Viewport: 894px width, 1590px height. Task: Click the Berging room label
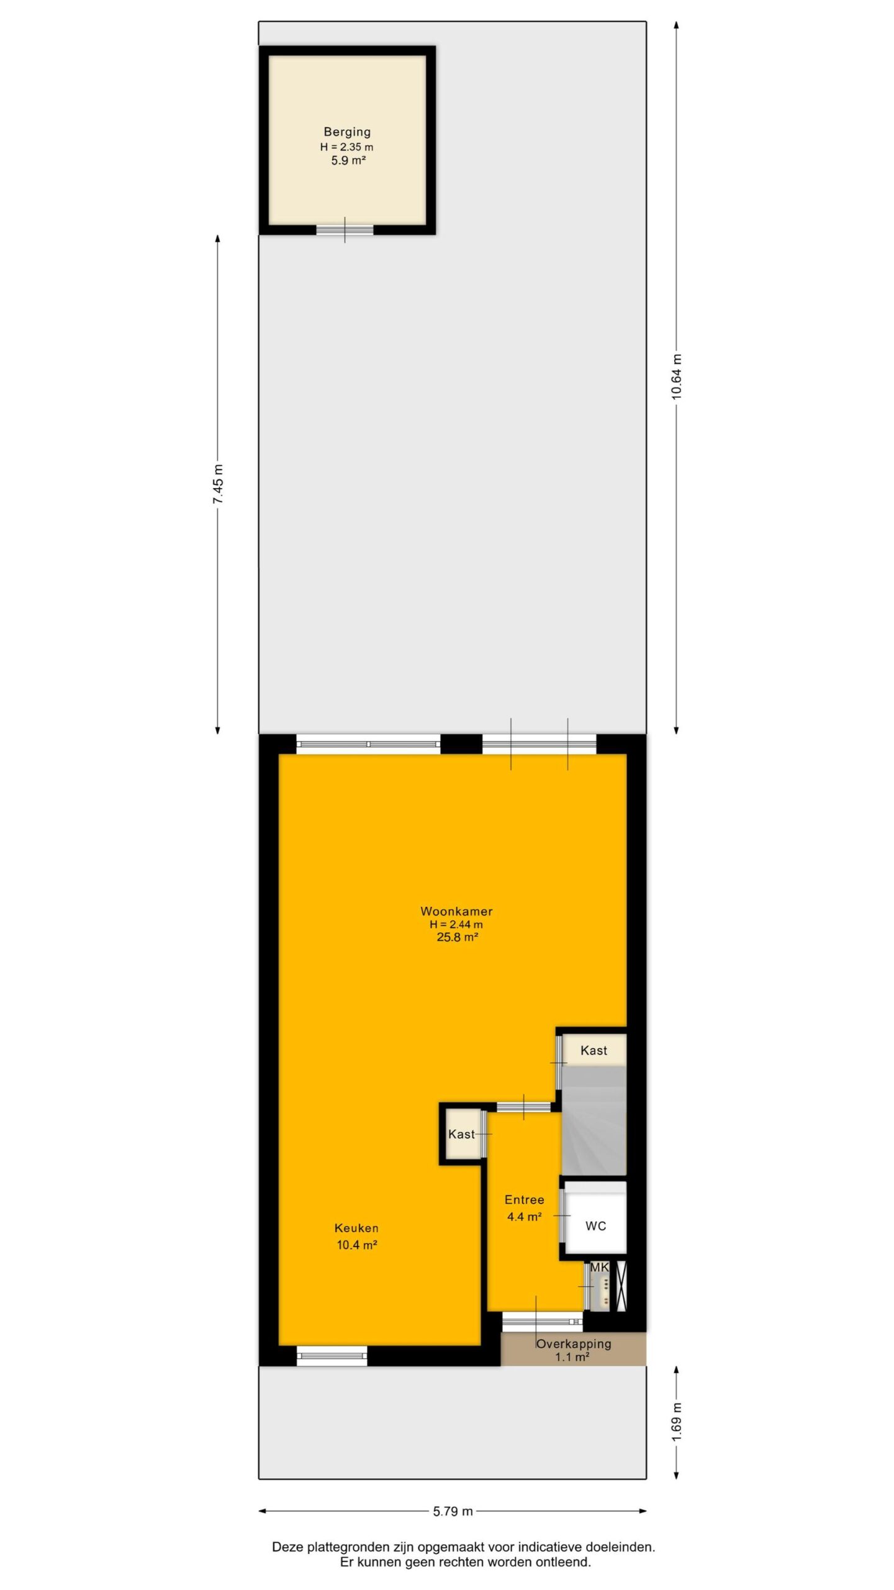click(x=347, y=132)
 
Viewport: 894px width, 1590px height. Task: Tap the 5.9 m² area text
click(x=348, y=160)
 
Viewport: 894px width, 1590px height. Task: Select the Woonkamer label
click(x=456, y=911)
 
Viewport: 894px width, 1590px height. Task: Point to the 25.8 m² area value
click(x=457, y=937)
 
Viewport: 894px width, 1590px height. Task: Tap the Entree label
click(x=524, y=1200)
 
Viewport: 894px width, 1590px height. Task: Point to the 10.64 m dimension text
click(x=677, y=376)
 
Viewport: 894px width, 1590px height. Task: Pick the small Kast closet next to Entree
click(x=462, y=1134)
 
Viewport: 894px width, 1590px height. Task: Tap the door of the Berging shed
click(x=345, y=230)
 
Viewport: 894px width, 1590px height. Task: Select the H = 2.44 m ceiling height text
click(x=456, y=924)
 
